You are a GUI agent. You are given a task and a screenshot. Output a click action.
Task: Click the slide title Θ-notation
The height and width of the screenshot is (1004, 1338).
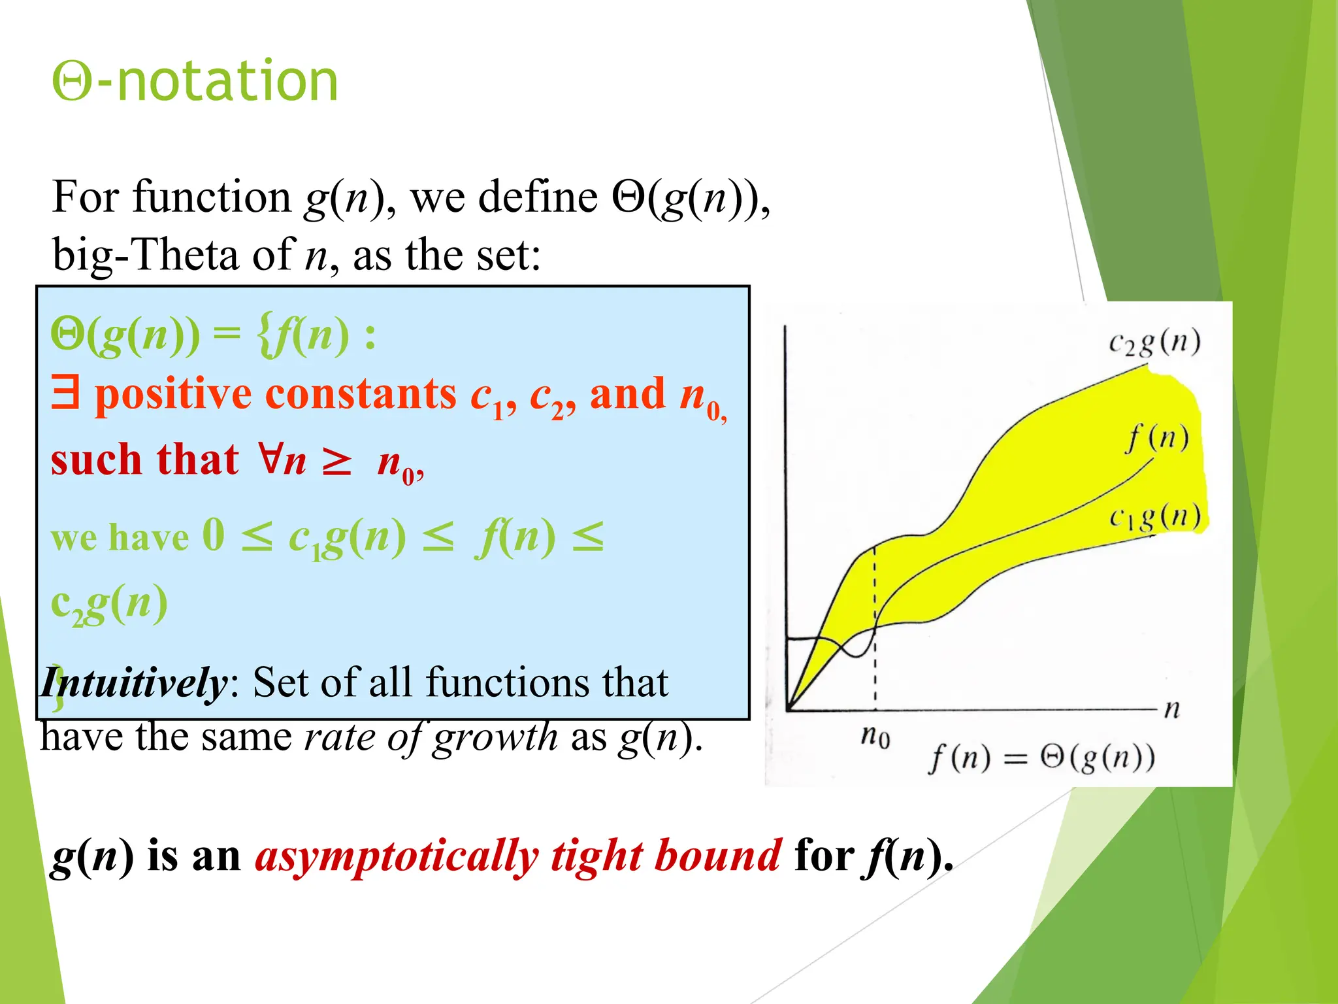[195, 81]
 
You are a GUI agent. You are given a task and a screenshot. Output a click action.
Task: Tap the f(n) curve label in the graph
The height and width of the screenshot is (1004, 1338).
[1157, 437]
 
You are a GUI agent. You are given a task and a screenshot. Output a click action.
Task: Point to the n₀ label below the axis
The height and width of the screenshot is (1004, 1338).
[875, 737]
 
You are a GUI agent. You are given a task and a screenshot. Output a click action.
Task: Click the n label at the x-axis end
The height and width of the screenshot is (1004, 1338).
[1172, 709]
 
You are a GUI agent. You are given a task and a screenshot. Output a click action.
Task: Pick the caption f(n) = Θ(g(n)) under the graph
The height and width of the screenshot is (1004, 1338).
[1041, 758]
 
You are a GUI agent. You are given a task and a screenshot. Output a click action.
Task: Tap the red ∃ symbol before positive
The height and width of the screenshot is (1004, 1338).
[65, 393]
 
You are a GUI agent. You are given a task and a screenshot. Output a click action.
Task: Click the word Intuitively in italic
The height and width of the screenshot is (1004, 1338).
[134, 683]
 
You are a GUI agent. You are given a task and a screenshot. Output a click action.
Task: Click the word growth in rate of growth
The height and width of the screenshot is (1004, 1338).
[495, 738]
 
